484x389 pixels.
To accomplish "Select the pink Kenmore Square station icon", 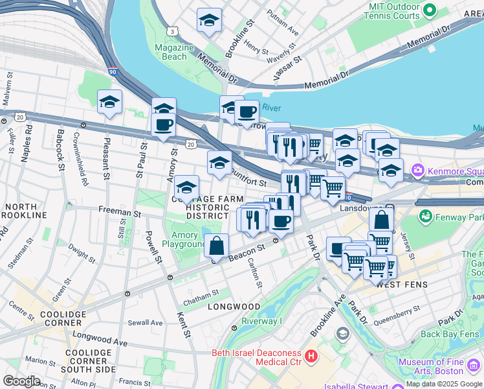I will click(x=417, y=170).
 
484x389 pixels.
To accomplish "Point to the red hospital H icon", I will click(x=311, y=356).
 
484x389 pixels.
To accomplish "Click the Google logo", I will click(x=21, y=381).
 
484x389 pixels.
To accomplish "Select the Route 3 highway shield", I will click(x=172, y=31).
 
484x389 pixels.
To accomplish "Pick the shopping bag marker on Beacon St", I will click(x=217, y=246).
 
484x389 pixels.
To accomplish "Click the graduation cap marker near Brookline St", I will click(x=209, y=21).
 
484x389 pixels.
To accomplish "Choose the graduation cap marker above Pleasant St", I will click(x=110, y=102).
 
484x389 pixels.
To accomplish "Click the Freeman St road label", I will click(x=119, y=211).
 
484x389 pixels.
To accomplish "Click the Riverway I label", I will click(x=261, y=321).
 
